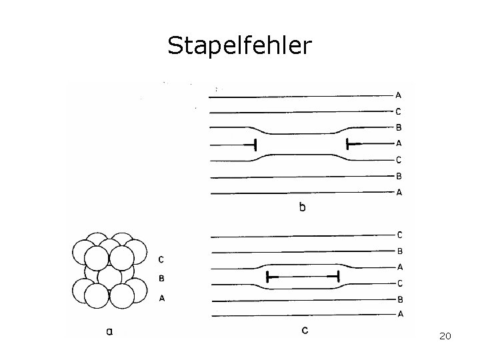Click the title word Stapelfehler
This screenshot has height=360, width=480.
pos(239,45)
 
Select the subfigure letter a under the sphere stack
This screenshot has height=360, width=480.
pos(109,329)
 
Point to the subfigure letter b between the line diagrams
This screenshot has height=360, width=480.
pos(303,207)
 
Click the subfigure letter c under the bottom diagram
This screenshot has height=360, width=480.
pos(305,329)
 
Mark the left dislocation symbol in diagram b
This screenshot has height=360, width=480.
pos(254,144)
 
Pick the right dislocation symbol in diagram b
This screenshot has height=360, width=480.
pos(349,143)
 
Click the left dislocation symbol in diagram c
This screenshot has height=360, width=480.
pos(267,275)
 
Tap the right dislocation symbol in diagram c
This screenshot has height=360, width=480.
pos(337,275)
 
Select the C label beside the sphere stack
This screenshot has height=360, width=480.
pos(162,259)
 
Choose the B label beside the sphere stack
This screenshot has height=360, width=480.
pos(162,279)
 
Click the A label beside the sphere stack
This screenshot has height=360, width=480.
pos(162,299)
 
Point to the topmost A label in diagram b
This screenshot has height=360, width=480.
pos(399,95)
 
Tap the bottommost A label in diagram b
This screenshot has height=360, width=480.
pos(399,192)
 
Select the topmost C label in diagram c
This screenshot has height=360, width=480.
pos(399,235)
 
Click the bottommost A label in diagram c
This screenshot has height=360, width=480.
pos(400,314)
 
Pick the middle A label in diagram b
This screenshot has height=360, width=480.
pos(399,143)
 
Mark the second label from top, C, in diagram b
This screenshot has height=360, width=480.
pos(399,111)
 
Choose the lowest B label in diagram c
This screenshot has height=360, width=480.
pos(400,299)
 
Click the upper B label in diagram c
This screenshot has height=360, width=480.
pos(399,251)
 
